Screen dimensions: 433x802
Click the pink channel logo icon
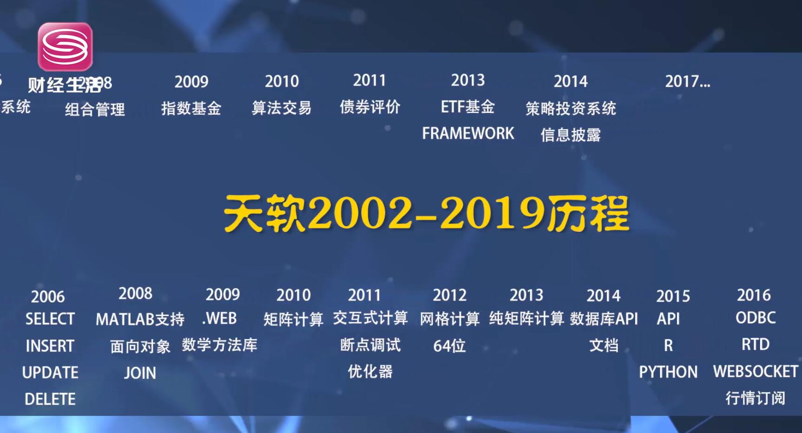(x=65, y=47)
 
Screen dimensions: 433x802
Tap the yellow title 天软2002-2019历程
(x=426, y=213)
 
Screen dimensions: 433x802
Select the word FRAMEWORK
(x=468, y=133)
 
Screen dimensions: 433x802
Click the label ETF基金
(x=468, y=107)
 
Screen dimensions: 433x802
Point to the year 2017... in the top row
(x=687, y=81)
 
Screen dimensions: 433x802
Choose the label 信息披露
(x=570, y=135)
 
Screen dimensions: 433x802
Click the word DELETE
(x=50, y=399)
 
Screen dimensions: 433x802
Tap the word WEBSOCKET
(x=756, y=371)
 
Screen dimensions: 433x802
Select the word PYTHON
(x=668, y=372)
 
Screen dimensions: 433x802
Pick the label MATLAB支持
(x=140, y=319)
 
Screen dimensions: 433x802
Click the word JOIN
(x=140, y=373)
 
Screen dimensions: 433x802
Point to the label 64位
(x=449, y=346)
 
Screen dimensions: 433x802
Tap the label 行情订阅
(x=756, y=398)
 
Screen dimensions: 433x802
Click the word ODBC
(x=756, y=318)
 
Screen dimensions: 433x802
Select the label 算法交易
(x=281, y=108)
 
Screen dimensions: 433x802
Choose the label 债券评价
(x=370, y=107)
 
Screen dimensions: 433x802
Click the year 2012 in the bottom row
(x=449, y=295)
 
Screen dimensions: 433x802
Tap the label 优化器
(x=370, y=372)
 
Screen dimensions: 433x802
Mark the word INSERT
(x=50, y=346)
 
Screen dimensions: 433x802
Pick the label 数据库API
(x=604, y=319)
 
